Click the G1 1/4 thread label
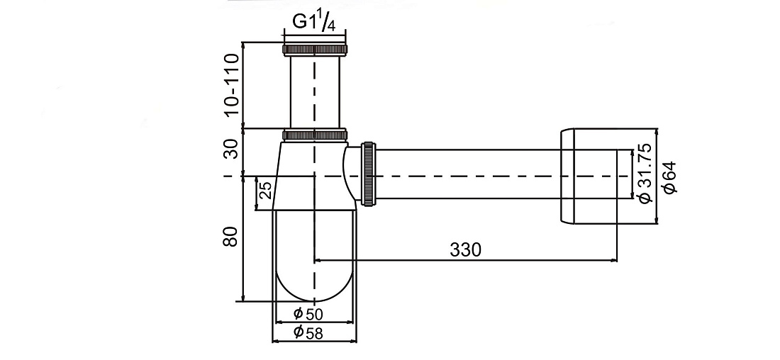click(x=313, y=23)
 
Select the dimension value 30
click(x=231, y=148)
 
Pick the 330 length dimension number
click(x=466, y=249)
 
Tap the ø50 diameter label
click(x=308, y=313)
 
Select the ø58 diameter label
click(x=308, y=332)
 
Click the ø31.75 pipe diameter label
click(x=645, y=173)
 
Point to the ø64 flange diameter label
click(x=669, y=177)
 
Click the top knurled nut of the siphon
click(x=315, y=49)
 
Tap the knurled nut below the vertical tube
click(x=315, y=135)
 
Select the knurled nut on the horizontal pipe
click(x=368, y=174)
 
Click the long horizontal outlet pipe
click(x=467, y=174)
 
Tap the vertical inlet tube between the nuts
click(x=315, y=91)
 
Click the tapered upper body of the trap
click(x=313, y=176)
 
